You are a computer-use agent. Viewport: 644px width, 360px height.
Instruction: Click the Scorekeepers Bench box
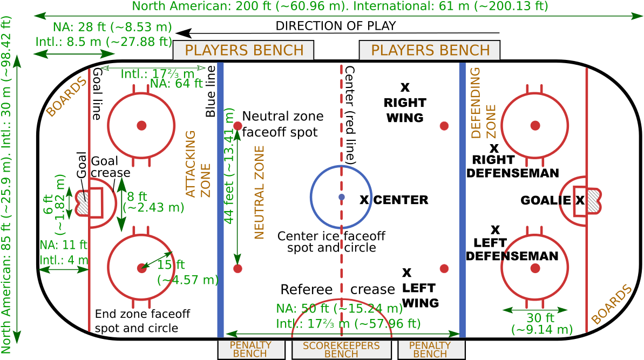(x=341, y=349)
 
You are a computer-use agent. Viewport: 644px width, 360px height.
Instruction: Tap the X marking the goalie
(x=580, y=200)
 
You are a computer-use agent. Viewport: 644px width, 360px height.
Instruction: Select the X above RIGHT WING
(x=405, y=87)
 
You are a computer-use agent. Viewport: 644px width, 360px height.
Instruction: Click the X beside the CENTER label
(x=364, y=200)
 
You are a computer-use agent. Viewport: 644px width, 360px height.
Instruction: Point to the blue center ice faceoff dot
(x=341, y=197)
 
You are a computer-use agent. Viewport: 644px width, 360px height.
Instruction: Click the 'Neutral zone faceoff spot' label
(x=282, y=124)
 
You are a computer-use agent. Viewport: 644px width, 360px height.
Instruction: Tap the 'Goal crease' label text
(x=110, y=167)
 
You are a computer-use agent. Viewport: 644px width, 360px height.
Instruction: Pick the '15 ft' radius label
(x=171, y=264)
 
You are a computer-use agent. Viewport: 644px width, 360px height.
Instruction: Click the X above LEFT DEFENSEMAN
(x=495, y=230)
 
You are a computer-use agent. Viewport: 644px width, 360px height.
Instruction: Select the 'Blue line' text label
(x=211, y=91)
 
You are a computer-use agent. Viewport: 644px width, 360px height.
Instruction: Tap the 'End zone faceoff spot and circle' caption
(x=142, y=321)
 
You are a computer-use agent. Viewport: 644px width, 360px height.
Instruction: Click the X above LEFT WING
(x=407, y=273)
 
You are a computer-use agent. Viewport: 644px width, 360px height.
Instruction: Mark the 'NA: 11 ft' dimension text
(x=63, y=244)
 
